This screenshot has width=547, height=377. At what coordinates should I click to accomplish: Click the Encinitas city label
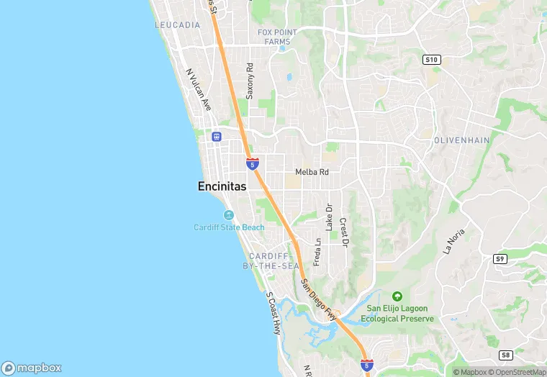222,186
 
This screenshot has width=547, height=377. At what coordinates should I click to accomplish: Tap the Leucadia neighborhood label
177,24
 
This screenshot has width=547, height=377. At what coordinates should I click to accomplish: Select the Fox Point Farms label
277,37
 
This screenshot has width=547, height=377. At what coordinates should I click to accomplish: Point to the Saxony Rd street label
250,81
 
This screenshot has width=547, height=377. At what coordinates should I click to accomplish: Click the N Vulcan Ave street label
199,89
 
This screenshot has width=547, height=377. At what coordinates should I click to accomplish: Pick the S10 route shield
432,60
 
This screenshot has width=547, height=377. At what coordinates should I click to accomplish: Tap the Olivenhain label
461,140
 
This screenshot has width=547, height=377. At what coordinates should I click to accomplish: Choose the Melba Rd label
312,172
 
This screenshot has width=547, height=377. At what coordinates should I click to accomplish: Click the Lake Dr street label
329,217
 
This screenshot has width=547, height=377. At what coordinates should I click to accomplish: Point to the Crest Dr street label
343,233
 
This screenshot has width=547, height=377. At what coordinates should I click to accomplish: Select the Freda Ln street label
317,251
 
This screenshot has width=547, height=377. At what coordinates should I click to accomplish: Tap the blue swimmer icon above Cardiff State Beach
229,215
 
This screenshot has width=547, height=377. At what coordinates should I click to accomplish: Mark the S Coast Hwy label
273,313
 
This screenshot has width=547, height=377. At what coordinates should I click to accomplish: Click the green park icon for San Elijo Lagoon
397,296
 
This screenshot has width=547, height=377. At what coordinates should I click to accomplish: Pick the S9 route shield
500,258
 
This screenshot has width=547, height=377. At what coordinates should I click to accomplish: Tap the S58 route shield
506,355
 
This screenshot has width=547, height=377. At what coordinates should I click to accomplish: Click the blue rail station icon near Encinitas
216,137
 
